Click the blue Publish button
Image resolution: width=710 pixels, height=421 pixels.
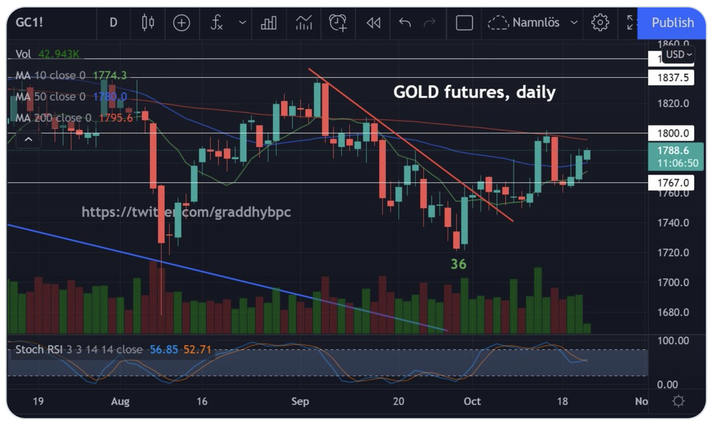tap(672, 23)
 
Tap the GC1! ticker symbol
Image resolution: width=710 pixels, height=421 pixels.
tap(29, 22)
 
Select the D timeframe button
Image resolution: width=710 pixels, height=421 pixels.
tap(113, 22)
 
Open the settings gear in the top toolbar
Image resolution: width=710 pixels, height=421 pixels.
tap(600, 22)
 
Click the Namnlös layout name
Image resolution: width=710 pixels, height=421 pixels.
tap(536, 22)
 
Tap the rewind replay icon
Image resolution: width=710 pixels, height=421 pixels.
tap(373, 22)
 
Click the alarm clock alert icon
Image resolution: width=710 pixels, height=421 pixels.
tap(338, 22)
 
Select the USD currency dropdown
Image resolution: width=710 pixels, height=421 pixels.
tap(678, 54)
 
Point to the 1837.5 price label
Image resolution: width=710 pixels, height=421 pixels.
tap(672, 78)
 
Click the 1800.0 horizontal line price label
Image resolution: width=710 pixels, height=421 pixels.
tap(672, 133)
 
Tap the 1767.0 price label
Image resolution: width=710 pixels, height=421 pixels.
tap(672, 182)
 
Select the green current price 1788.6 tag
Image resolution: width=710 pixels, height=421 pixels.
tap(675, 156)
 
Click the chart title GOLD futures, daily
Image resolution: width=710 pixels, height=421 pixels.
tap(474, 92)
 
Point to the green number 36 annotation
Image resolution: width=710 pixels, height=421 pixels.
tap(458, 264)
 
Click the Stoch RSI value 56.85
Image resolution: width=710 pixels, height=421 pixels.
tap(163, 350)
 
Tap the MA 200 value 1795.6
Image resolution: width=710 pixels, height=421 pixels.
tap(116, 118)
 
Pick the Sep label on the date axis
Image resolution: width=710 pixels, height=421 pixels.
tap(300, 401)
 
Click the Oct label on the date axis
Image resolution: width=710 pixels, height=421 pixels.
tap(472, 401)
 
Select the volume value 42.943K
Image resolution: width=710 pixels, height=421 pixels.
tap(58, 54)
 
